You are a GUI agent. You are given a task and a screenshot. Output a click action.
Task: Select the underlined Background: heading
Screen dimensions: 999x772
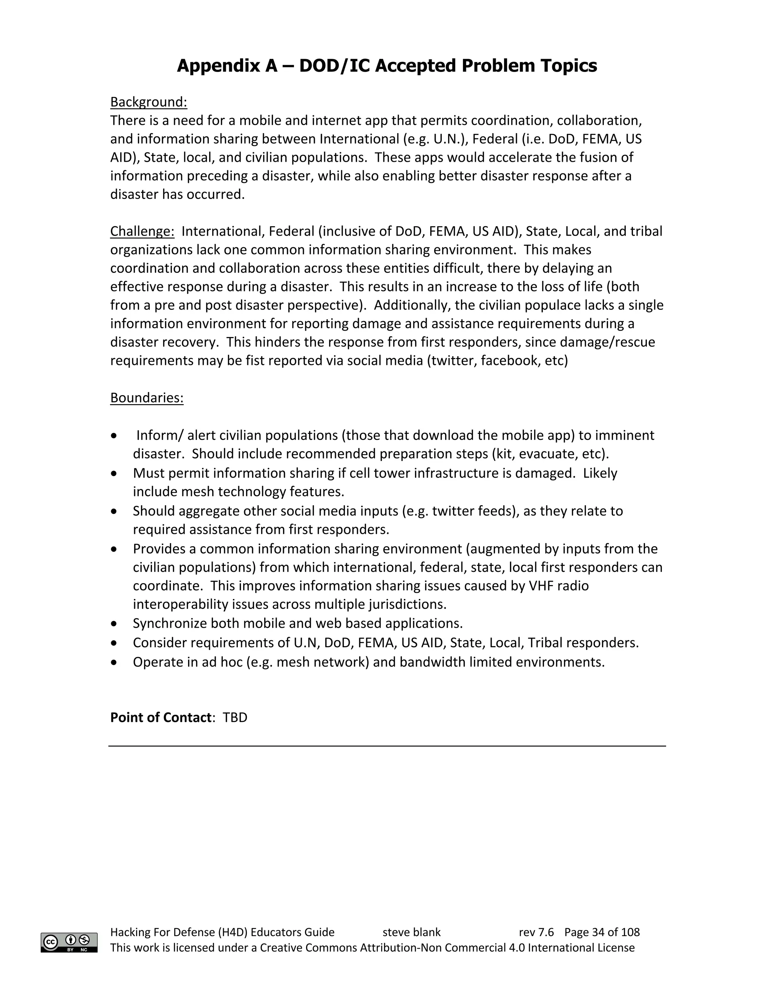click(149, 102)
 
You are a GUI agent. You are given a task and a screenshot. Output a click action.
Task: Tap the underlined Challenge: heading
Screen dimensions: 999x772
click(142, 231)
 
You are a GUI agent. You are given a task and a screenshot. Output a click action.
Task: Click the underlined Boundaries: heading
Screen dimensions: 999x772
click(147, 398)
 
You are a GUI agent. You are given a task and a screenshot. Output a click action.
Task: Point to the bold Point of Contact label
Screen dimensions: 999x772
click(161, 717)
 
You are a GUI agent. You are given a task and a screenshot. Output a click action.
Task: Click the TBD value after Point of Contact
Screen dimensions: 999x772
click(235, 717)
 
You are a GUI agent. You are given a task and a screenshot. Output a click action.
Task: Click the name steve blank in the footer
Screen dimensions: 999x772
click(411, 932)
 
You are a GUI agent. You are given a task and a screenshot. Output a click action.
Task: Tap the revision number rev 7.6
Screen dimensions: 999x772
click(536, 932)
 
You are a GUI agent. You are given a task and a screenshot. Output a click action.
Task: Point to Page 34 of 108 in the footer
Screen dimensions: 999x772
click(602, 932)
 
